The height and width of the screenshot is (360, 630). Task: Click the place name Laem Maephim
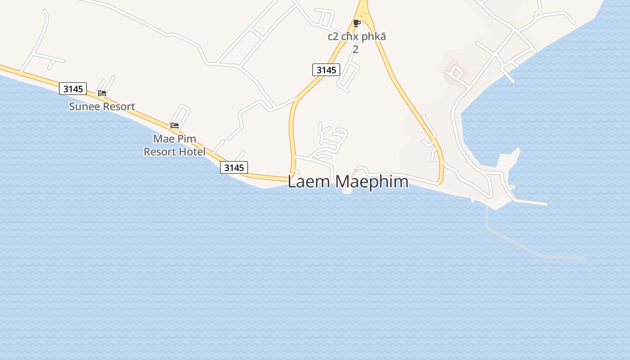click(x=348, y=182)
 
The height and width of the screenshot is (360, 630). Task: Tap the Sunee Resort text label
click(x=102, y=107)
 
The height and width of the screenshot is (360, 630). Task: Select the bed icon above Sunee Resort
click(x=102, y=93)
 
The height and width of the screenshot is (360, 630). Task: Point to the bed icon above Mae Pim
click(x=175, y=125)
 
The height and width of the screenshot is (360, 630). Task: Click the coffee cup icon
click(x=357, y=23)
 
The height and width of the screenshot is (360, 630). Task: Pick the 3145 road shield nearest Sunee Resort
click(x=73, y=89)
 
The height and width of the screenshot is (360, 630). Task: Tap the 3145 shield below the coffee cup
click(x=326, y=70)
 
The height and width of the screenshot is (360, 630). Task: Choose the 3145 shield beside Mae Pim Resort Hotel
click(x=234, y=167)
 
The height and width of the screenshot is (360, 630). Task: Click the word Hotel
click(x=191, y=152)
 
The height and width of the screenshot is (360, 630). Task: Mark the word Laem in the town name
click(x=309, y=182)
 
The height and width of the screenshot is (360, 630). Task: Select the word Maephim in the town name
click(x=372, y=182)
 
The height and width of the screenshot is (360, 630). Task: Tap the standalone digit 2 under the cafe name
click(x=355, y=49)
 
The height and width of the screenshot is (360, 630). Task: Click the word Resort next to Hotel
click(x=158, y=152)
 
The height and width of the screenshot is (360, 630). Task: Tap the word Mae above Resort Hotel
click(x=163, y=139)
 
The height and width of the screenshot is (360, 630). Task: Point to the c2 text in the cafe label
click(x=333, y=36)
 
